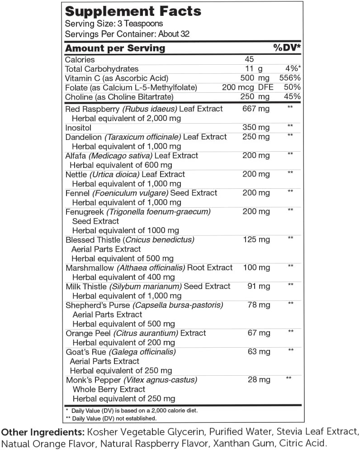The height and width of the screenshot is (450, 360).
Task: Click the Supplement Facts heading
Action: pyautogui.click(x=133, y=11)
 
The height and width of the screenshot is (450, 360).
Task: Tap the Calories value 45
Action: pyautogui.click(x=249, y=59)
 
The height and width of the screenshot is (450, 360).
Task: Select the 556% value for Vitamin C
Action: pyautogui.click(x=290, y=78)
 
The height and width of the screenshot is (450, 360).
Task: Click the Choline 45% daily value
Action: pyautogui.click(x=293, y=97)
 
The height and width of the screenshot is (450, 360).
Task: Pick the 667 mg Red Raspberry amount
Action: pyautogui.click(x=256, y=109)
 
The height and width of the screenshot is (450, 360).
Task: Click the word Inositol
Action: pyautogui.click(x=78, y=128)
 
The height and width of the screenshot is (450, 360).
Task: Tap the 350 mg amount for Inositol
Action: pyautogui.click(x=256, y=128)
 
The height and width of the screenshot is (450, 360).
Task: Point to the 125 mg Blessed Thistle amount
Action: pyautogui.click(x=256, y=239)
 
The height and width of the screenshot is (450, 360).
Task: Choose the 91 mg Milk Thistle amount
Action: pyautogui.click(x=259, y=286)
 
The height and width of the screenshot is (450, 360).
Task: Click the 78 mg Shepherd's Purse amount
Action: pyautogui.click(x=259, y=305)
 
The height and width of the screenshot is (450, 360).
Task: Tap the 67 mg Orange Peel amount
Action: pyautogui.click(x=259, y=333)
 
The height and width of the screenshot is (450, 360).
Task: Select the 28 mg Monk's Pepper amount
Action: pyautogui.click(x=259, y=379)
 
